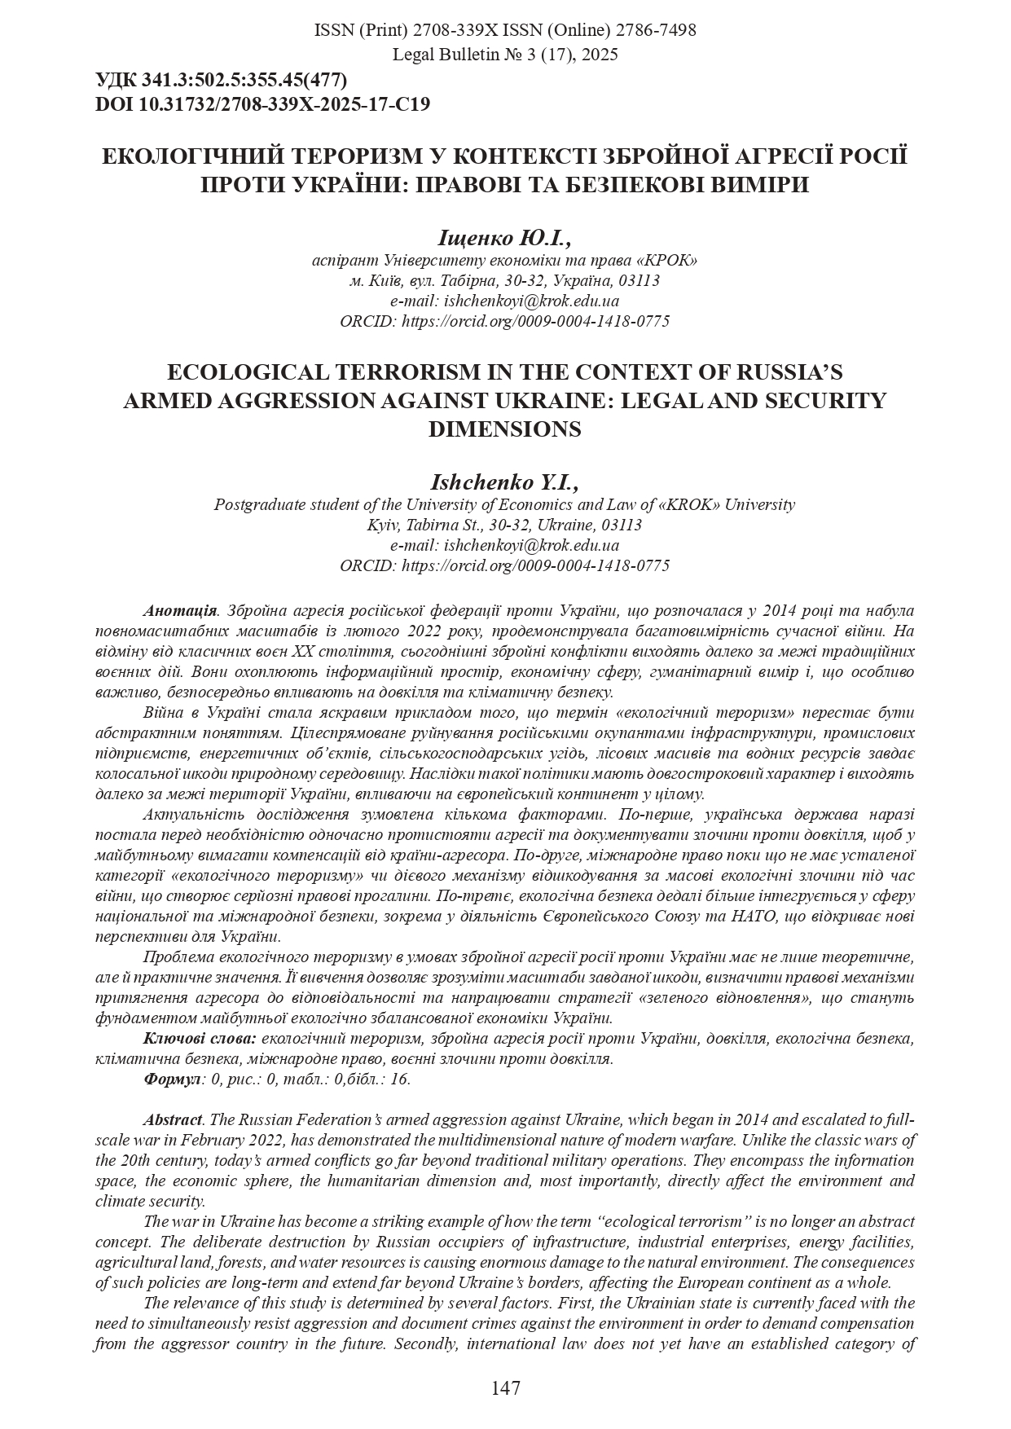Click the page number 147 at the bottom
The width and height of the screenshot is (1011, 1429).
(505, 1387)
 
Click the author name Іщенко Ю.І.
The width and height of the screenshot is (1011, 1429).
(504, 238)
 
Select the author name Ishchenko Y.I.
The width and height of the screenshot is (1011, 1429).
(504, 482)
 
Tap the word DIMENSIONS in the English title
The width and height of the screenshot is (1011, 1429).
(504, 429)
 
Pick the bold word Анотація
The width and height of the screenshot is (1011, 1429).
(179, 610)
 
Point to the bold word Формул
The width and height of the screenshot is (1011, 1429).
(172, 1079)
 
